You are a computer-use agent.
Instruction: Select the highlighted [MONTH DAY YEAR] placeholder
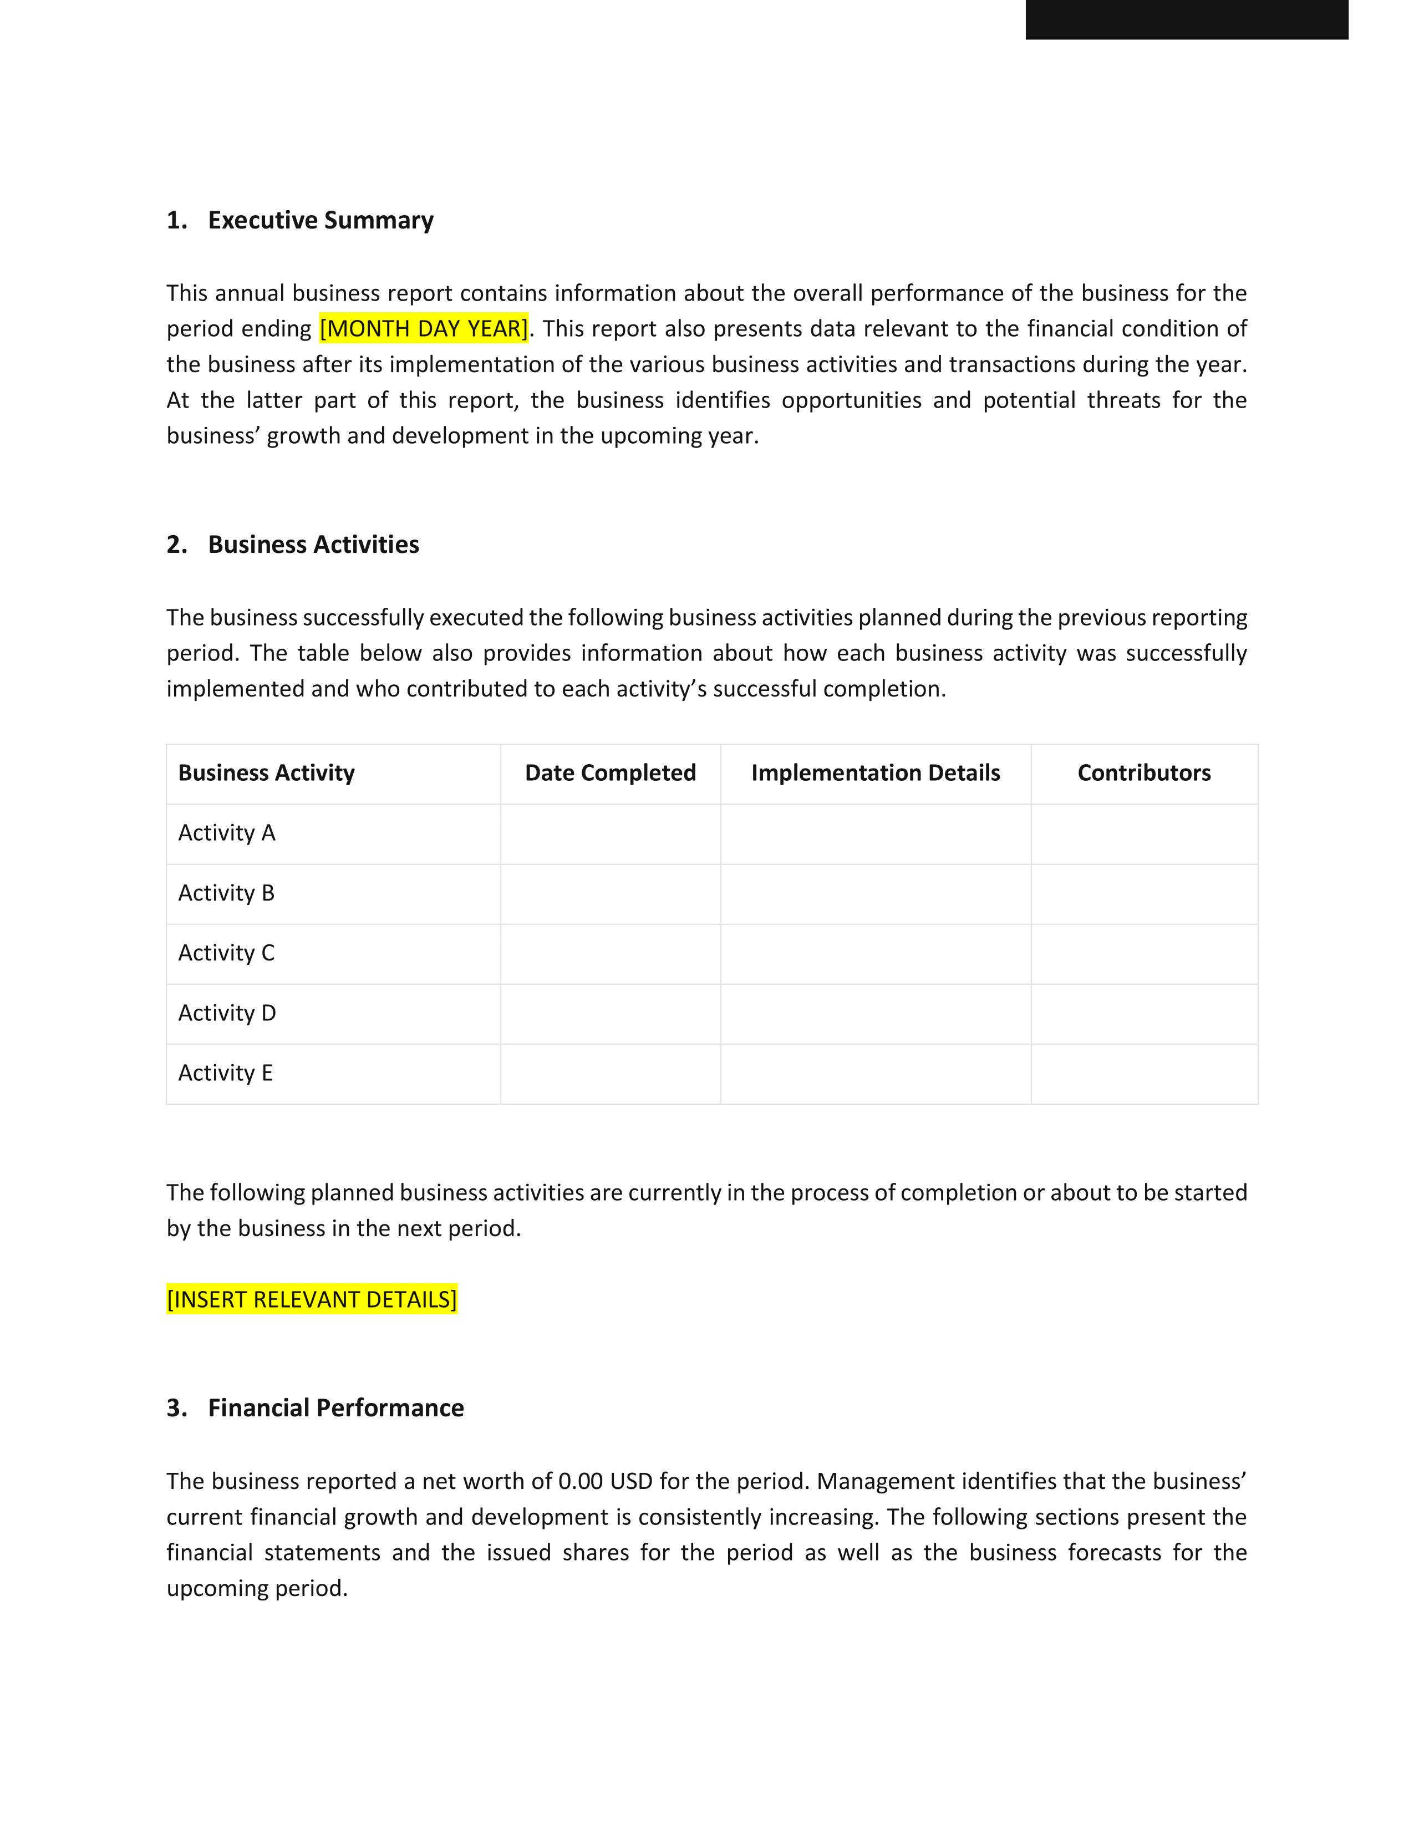[424, 328]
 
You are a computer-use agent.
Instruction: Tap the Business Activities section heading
[313, 545]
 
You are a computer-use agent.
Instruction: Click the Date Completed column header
[610, 772]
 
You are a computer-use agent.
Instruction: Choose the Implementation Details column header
[876, 772]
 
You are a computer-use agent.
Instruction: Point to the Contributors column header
[1143, 772]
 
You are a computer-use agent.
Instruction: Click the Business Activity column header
[266, 772]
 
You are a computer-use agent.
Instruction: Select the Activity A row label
[226, 833]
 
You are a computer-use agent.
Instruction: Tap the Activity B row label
[226, 893]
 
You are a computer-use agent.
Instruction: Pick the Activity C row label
[226, 953]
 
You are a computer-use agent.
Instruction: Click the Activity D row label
[227, 1013]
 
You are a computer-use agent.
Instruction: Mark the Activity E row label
[225, 1074]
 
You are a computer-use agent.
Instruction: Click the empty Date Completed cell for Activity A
[610, 833]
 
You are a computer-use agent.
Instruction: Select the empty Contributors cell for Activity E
[1143, 1074]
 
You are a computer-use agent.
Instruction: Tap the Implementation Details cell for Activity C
[876, 954]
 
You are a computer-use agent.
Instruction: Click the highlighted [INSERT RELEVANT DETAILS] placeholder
[312, 1300]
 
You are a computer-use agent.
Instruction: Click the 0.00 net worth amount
[581, 1481]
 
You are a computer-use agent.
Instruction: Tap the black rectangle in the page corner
[1186, 19]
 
